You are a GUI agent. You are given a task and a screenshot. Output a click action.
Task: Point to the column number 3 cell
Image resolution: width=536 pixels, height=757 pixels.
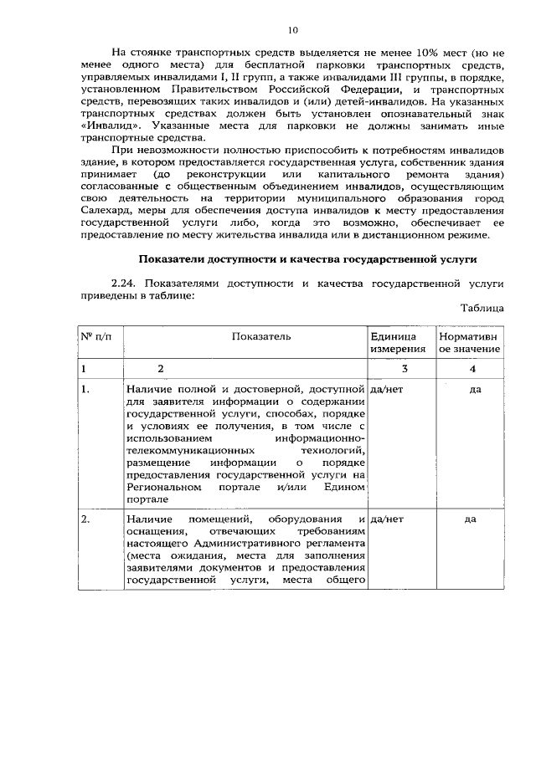click(405, 368)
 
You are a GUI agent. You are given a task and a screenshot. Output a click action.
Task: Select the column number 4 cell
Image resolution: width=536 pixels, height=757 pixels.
click(472, 368)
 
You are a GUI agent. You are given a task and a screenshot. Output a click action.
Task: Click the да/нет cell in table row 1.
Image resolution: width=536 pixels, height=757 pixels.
click(387, 389)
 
